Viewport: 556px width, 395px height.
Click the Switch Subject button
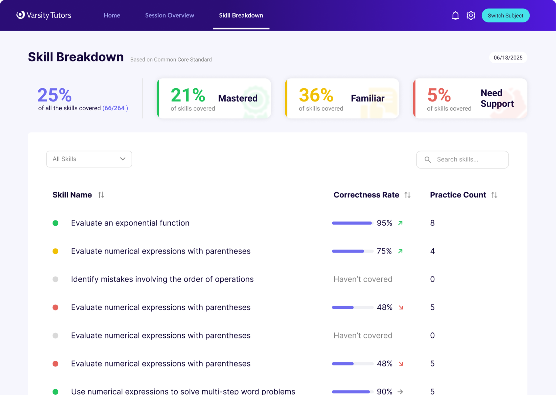click(x=505, y=15)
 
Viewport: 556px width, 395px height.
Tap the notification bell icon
click(x=455, y=15)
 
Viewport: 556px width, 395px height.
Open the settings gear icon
click(x=471, y=15)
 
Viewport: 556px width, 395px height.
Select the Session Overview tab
click(x=170, y=15)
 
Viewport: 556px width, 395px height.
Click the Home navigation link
click(x=112, y=15)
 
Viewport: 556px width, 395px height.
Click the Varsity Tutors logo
click(x=44, y=15)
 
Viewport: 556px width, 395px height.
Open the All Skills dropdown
click(x=89, y=159)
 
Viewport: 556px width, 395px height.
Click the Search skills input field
click(x=462, y=160)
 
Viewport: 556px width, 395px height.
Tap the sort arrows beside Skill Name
click(x=101, y=195)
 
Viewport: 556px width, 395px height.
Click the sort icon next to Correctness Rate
click(x=407, y=195)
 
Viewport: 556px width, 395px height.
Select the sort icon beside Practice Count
click(x=494, y=195)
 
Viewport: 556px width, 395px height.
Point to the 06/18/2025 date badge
click(x=508, y=58)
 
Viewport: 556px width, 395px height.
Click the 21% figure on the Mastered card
click(x=188, y=95)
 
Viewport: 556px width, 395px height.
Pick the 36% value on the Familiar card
click(x=316, y=95)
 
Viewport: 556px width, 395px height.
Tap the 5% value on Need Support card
click(x=439, y=95)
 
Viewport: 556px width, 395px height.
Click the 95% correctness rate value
click(x=384, y=223)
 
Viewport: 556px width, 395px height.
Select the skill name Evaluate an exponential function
click(x=130, y=223)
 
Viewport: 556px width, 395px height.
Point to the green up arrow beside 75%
click(x=400, y=251)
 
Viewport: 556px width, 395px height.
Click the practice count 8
click(x=432, y=223)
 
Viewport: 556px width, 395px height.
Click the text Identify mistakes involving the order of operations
click(x=162, y=279)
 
